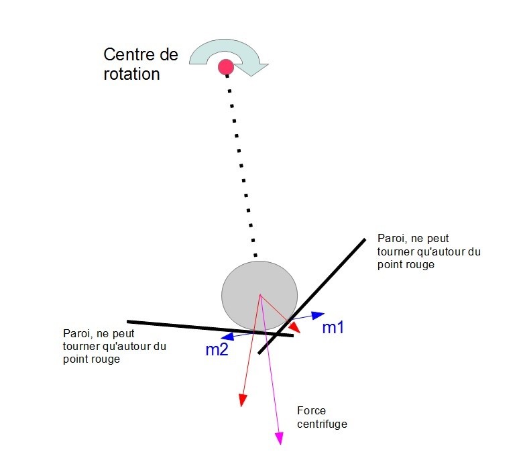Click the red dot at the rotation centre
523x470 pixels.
click(x=226, y=66)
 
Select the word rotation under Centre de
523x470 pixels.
click(x=132, y=73)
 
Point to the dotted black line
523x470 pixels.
click(x=241, y=168)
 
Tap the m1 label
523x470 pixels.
click(x=333, y=328)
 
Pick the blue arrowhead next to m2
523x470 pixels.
click(x=228, y=337)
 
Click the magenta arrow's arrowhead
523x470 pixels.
click(x=280, y=438)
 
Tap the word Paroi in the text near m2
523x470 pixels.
click(x=76, y=334)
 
